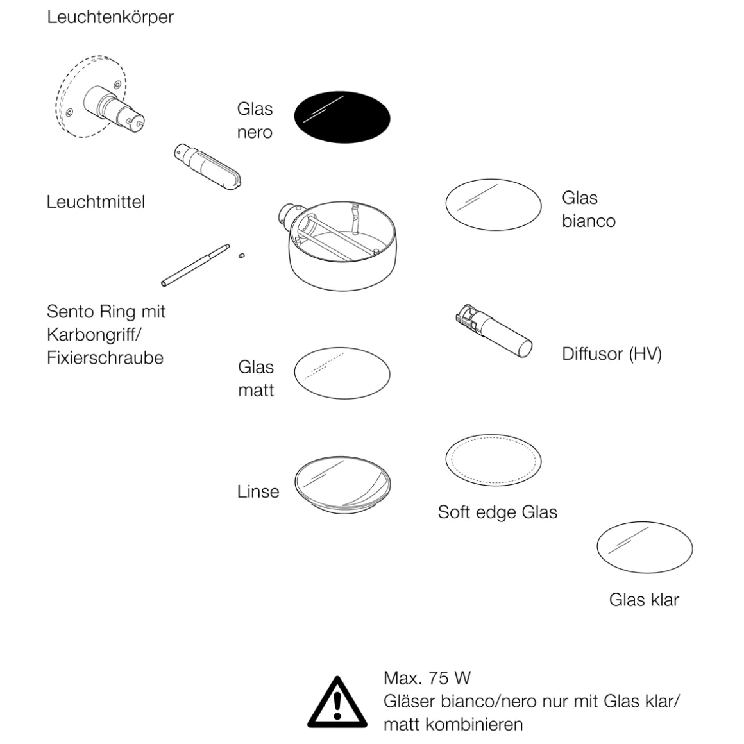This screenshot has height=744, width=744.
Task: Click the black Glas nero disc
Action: pos(342,117)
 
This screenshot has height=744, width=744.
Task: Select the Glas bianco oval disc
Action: pos(493,204)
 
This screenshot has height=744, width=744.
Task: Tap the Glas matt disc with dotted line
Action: pos(342,373)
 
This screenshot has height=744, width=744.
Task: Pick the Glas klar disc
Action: pos(645,548)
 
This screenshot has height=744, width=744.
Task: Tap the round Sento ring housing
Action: pos(343,247)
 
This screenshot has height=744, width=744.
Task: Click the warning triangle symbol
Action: pos(337,702)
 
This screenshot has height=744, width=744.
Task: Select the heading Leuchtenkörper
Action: pos(110,17)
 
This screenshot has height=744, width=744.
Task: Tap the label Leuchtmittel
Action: pos(96,202)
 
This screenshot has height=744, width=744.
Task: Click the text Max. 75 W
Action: pos(427,677)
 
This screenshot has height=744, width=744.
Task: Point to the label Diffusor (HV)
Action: pos(611,353)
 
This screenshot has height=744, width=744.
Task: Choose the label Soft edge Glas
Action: pos(497,512)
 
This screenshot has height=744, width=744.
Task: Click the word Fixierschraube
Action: pos(105,357)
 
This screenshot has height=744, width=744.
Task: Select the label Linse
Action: pos(258,491)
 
